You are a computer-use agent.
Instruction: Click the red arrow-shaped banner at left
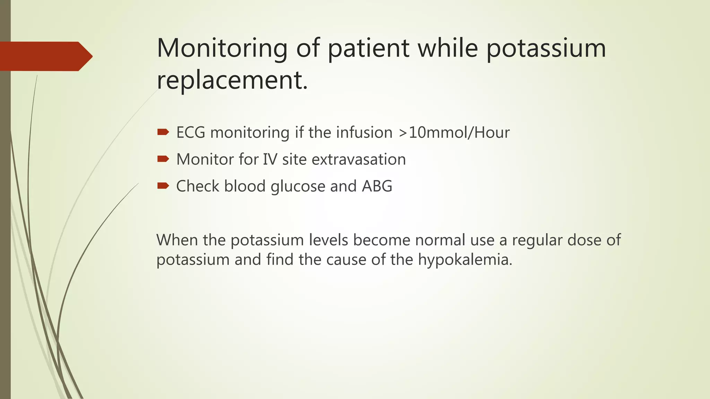45,56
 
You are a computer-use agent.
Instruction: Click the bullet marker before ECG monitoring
163,132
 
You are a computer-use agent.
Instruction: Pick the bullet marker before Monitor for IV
163,159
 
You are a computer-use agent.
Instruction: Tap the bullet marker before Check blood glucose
163,186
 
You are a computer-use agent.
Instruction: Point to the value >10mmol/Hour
454,133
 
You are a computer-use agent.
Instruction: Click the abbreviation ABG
377,186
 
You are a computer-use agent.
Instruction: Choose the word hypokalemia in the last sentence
465,260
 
